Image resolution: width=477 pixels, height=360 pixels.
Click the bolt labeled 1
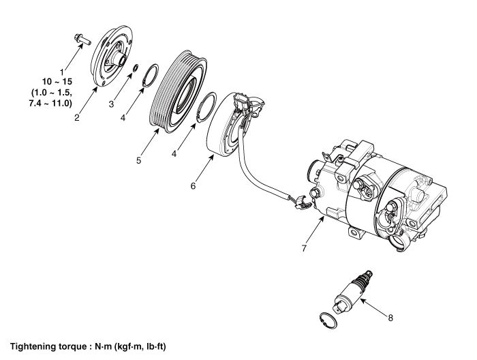[82, 40]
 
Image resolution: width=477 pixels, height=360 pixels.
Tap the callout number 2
[77, 117]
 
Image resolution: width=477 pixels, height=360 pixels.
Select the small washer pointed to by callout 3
[136, 67]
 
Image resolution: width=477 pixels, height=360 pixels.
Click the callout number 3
[111, 104]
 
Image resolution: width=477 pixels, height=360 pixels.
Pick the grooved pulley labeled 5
[179, 91]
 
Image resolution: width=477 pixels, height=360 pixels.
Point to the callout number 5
[139, 160]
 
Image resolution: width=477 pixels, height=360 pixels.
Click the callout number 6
[193, 185]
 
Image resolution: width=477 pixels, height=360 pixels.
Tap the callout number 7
[304, 248]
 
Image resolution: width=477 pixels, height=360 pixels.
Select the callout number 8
[390, 318]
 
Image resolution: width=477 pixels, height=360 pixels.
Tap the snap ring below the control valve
[328, 320]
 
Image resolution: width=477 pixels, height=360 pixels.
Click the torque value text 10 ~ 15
[57, 82]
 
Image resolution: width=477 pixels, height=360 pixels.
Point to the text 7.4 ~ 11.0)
[50, 103]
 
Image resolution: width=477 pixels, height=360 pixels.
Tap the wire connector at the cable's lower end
[302, 202]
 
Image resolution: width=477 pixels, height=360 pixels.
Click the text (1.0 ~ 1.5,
[51, 92]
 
